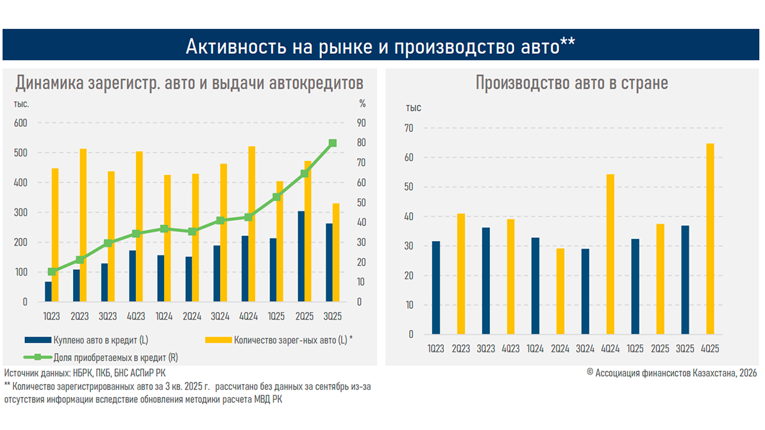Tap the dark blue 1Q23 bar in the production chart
tap(436, 287)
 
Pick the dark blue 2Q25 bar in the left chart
tap(301, 256)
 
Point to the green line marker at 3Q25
tap(333, 144)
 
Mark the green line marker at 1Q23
tap(52, 272)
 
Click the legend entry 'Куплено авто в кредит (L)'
tap(87, 340)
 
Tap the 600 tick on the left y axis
tap(21, 123)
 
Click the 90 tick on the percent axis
tap(362, 123)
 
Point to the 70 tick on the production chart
tap(408, 128)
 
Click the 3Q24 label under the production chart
tap(585, 349)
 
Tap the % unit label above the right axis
tap(362, 103)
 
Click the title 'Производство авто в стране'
tap(571, 83)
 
